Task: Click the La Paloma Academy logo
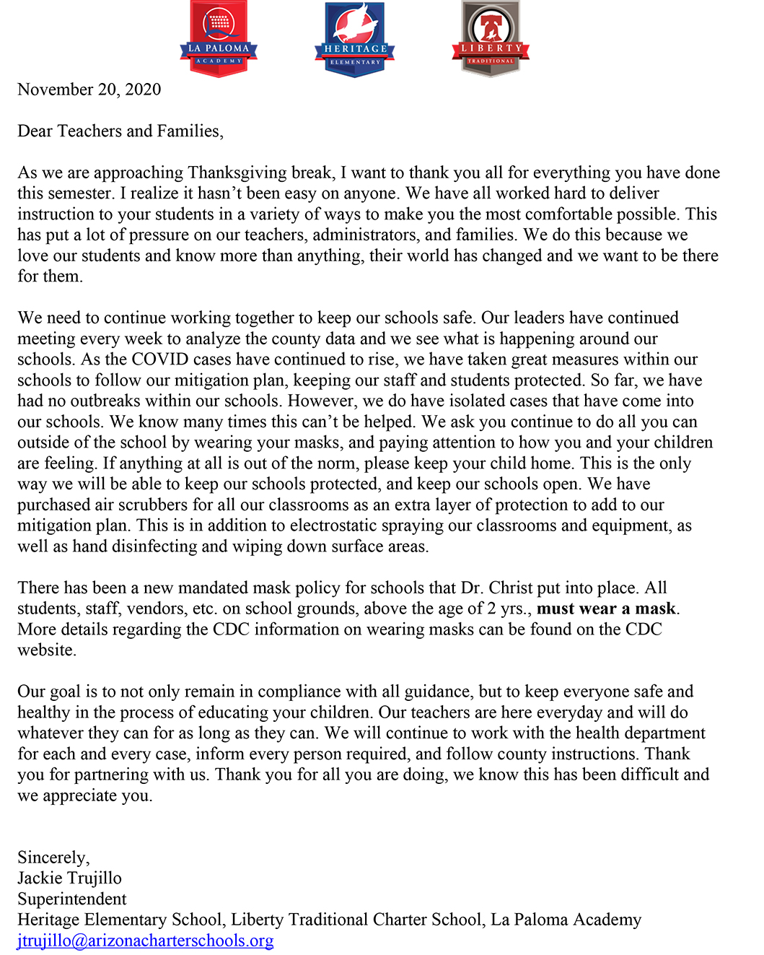[219, 38]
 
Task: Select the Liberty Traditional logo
[491, 38]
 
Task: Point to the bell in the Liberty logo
[491, 27]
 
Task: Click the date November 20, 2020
[89, 90]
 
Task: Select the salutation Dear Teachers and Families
[120, 131]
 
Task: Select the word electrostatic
[333, 526]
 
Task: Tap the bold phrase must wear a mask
[606, 609]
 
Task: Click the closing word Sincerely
[53, 858]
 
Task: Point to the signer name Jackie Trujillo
[69, 878]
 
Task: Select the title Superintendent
[71, 899]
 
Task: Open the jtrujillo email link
[145, 941]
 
